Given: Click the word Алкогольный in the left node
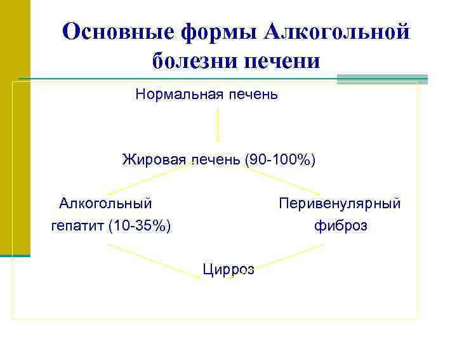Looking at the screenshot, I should tap(105, 203).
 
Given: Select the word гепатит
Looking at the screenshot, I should tap(77, 225).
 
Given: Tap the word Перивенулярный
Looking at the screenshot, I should tap(340, 203).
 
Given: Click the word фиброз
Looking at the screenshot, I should tap(340, 225).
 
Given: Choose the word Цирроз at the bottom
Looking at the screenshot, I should tap(228, 269).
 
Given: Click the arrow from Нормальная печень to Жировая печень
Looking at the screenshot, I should tap(218, 124).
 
